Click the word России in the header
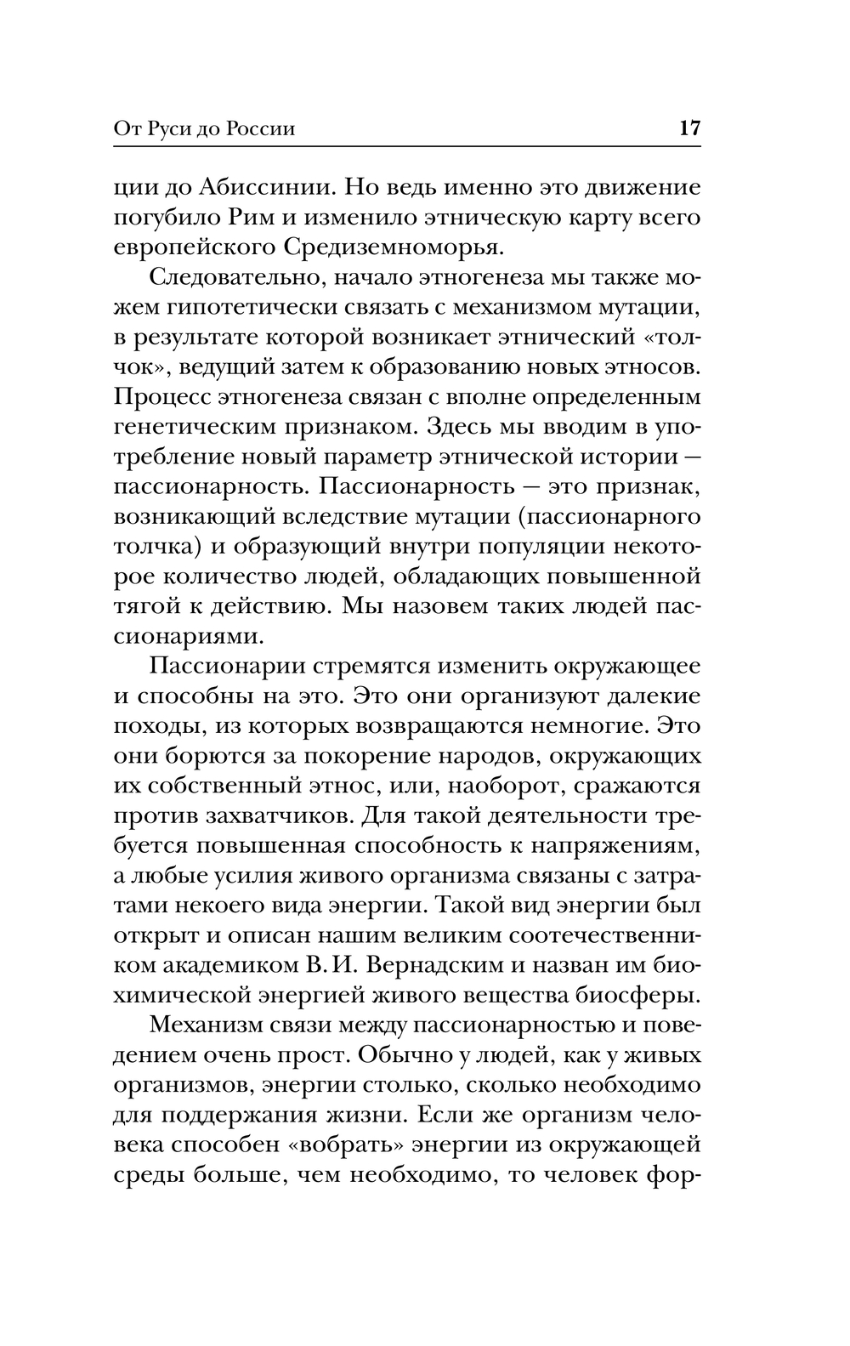[x=261, y=129]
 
